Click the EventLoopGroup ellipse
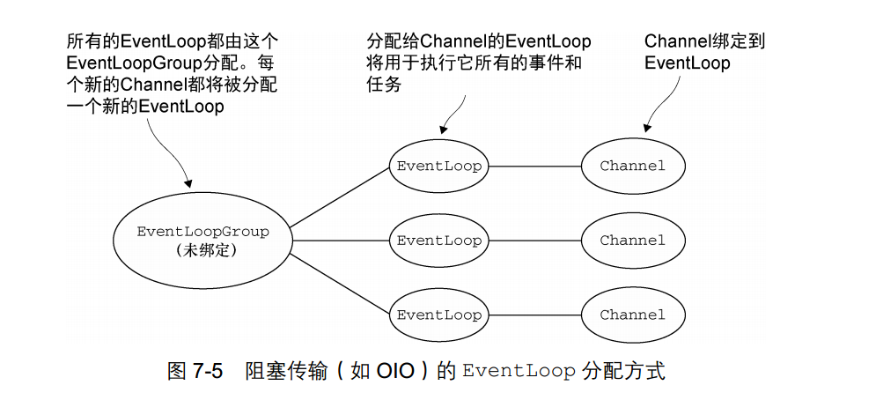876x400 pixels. pos(202,240)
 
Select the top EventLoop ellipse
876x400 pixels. pos(439,166)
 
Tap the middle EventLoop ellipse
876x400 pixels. pos(439,241)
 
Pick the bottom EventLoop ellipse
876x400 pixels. pos(439,315)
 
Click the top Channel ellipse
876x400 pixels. pos(633,166)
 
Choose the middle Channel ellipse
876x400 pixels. pos(633,241)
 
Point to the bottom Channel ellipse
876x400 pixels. pos(633,315)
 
